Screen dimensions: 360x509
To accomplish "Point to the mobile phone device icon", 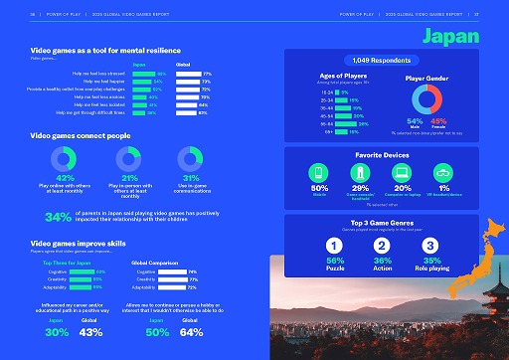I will [321, 171].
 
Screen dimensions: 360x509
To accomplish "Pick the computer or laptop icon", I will [402, 171].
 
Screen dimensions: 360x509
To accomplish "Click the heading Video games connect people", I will [80, 134].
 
